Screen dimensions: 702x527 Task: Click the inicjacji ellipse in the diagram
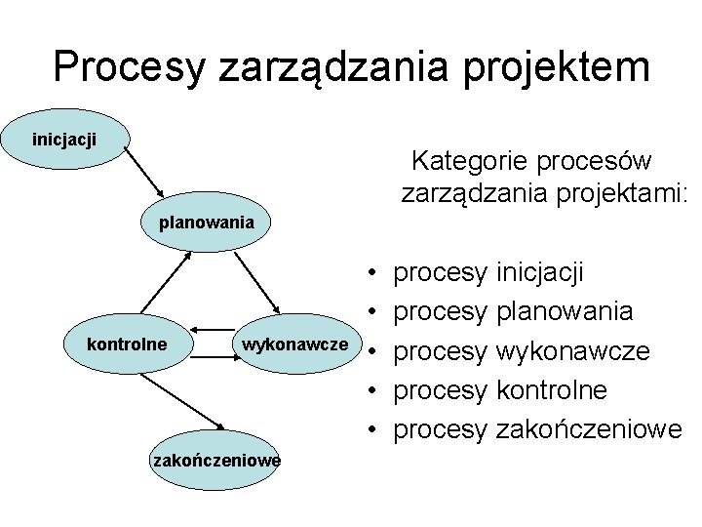tap(65, 141)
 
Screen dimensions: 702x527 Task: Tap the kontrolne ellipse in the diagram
tap(127, 344)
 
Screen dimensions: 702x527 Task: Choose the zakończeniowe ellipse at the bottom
tap(215, 460)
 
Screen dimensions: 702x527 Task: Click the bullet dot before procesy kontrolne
tap(373, 390)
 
